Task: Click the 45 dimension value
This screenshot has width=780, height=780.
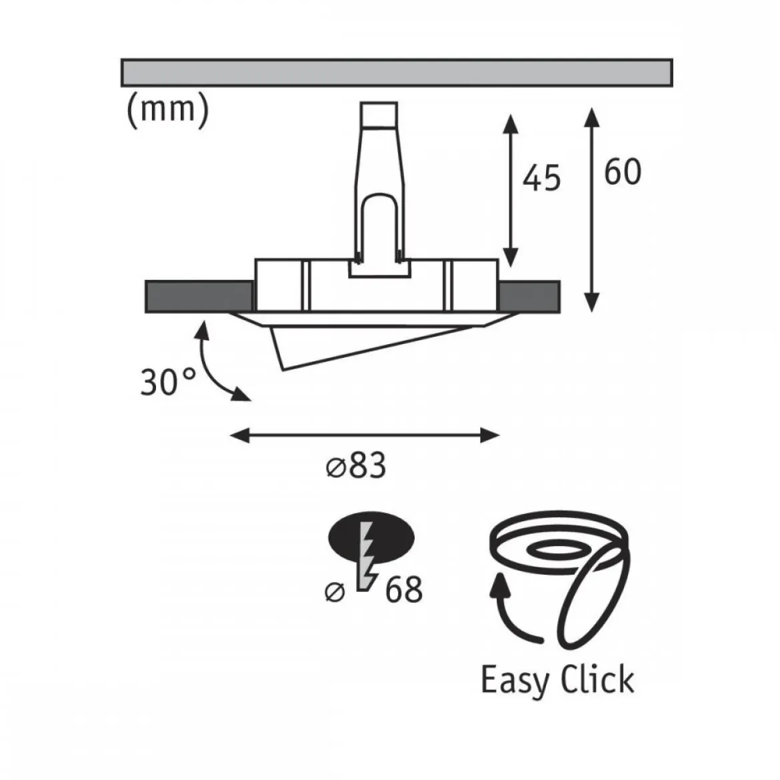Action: [542, 177]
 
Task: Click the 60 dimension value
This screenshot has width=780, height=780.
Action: [622, 172]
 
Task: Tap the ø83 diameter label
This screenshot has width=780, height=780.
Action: [356, 466]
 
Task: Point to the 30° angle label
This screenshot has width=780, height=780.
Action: [168, 382]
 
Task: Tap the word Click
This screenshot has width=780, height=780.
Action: [597, 679]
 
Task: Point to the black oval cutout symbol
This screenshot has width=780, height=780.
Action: [371, 539]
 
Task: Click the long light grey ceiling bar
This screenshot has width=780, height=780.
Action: [397, 73]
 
